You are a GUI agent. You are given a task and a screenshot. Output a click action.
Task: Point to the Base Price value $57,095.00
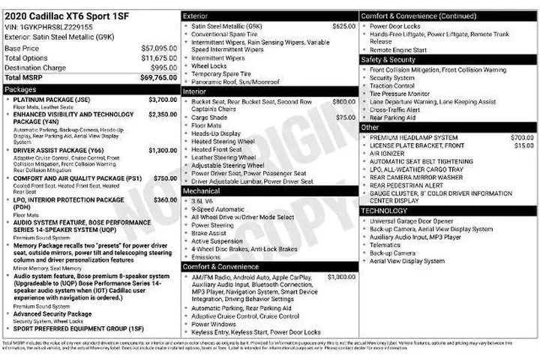(x=159, y=48)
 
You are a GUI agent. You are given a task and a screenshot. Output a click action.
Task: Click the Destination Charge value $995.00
(x=163, y=67)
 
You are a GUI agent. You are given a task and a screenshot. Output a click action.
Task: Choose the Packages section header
(x=20, y=89)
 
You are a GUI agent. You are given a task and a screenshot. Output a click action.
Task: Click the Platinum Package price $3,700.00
(x=163, y=99)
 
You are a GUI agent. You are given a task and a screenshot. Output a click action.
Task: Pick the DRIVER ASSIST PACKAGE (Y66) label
(x=58, y=151)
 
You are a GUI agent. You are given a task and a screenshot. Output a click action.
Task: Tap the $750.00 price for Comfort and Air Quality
(x=165, y=178)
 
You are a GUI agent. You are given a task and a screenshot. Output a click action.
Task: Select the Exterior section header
(x=195, y=15)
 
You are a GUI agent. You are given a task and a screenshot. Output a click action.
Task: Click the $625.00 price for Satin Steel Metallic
(x=344, y=25)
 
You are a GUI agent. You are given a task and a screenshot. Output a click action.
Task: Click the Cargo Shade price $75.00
(x=346, y=118)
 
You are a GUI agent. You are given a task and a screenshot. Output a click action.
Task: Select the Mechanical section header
(x=201, y=190)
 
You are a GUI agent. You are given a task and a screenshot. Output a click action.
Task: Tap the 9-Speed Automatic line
(x=218, y=208)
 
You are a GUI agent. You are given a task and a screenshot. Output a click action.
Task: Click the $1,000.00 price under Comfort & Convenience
(x=341, y=277)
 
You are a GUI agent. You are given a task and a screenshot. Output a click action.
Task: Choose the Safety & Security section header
(x=388, y=59)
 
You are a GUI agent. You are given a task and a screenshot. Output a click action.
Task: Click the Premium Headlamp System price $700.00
(x=522, y=137)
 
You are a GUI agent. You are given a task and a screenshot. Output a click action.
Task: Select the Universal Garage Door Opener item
(x=411, y=221)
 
